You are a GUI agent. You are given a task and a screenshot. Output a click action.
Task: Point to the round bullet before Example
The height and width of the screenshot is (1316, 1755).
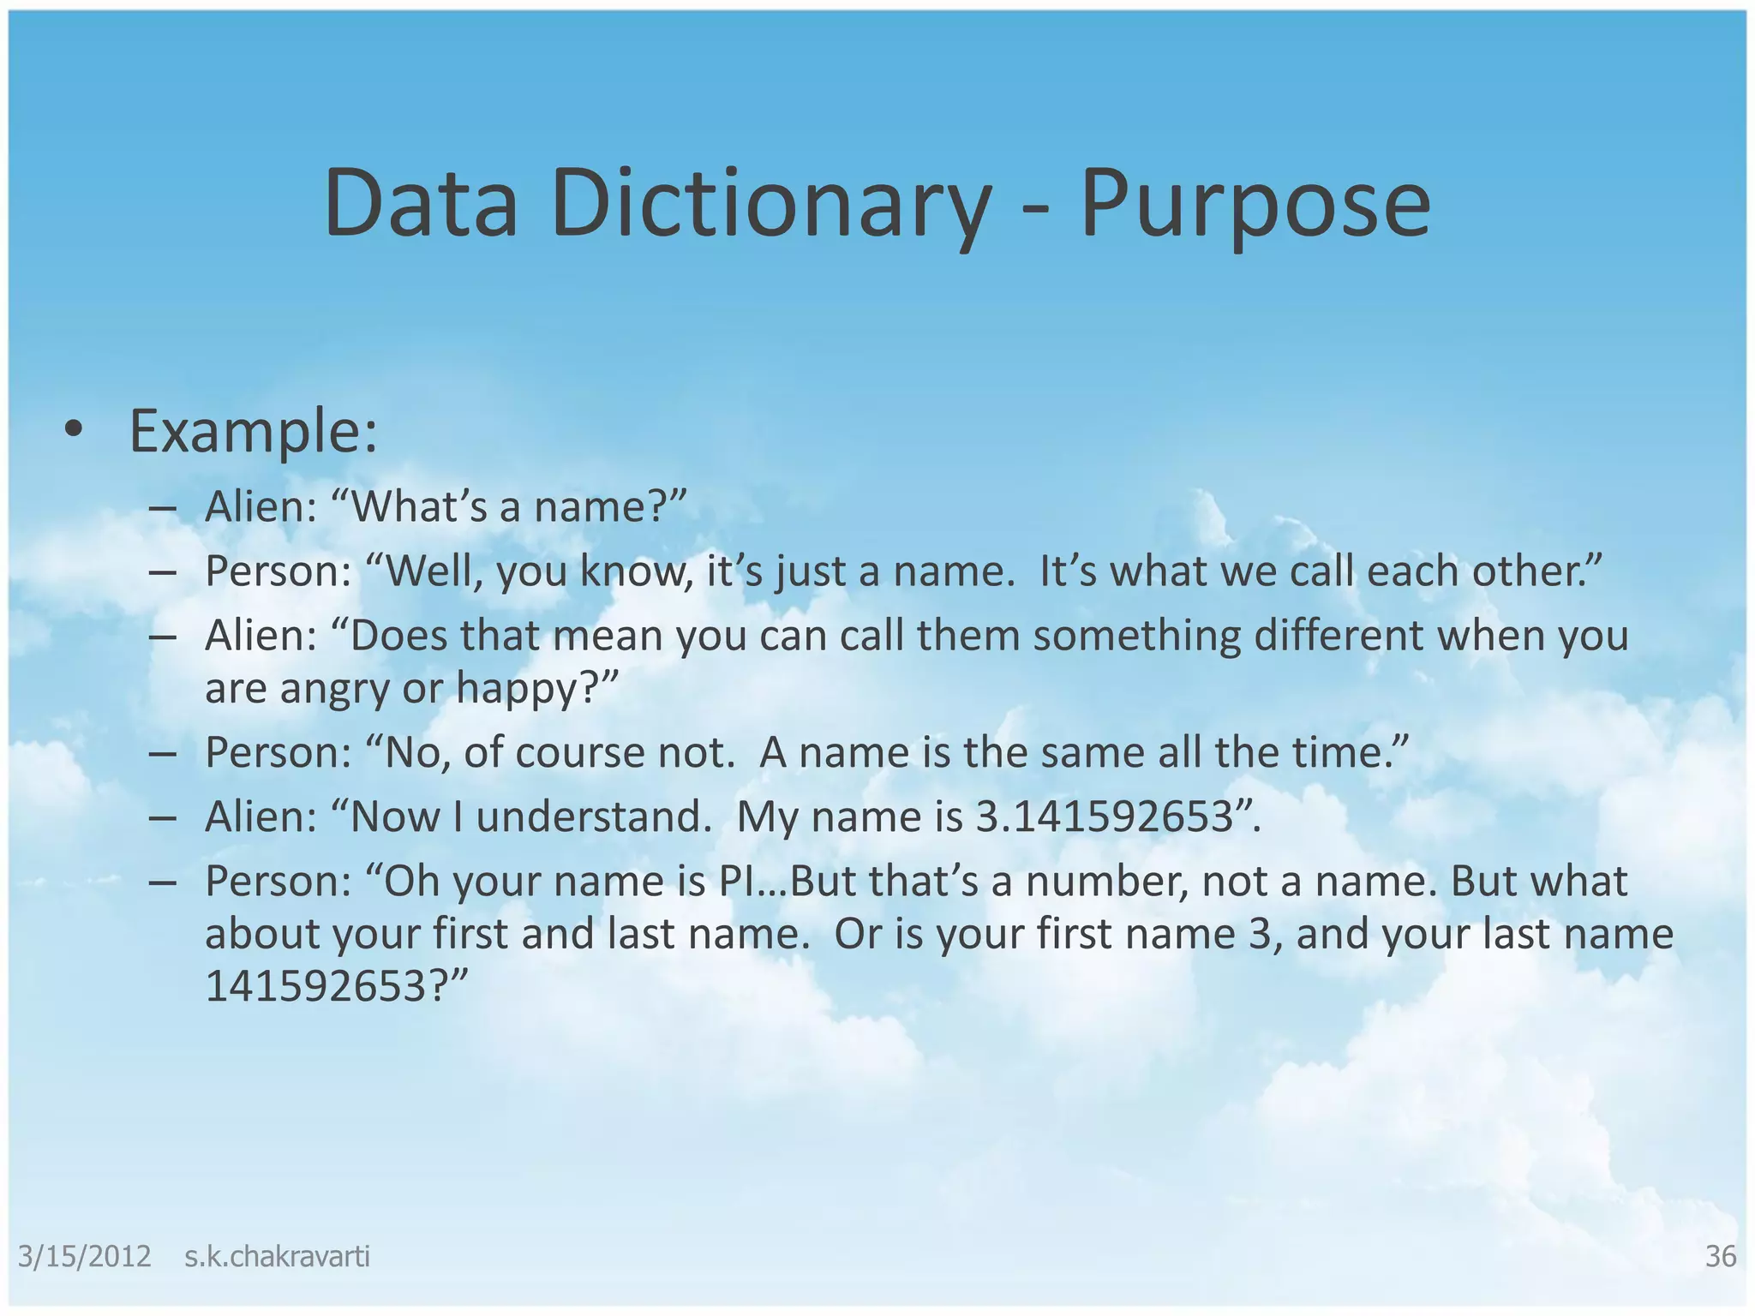click(74, 431)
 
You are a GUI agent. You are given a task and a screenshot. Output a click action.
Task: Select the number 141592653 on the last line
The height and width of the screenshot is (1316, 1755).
click(314, 987)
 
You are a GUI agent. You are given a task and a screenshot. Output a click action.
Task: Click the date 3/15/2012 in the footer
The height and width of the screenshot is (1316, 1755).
click(84, 1256)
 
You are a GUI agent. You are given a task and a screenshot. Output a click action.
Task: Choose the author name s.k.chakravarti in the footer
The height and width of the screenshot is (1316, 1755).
click(277, 1256)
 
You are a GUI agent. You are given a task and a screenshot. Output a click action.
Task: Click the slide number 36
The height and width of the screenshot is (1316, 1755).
click(1721, 1256)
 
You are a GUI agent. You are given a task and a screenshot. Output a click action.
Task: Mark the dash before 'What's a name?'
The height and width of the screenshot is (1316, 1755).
click(162, 507)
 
